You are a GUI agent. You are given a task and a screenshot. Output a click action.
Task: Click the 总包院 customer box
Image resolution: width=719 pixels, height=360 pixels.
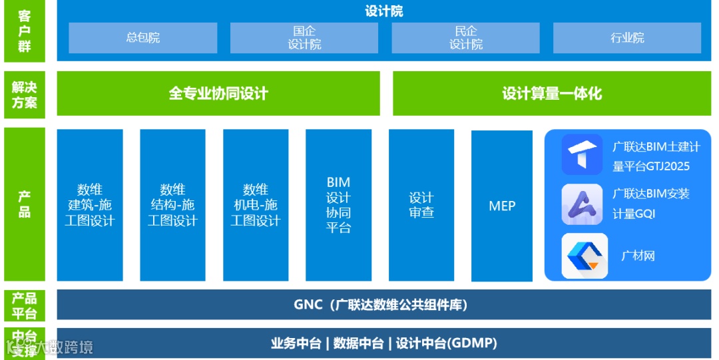pos(143,38)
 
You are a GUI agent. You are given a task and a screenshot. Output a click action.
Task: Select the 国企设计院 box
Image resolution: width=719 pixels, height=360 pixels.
pos(304,38)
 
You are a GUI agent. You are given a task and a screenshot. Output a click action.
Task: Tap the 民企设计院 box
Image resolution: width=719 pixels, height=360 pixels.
pos(465,38)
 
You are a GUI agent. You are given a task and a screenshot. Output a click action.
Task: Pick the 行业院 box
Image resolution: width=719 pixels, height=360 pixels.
pos(627,38)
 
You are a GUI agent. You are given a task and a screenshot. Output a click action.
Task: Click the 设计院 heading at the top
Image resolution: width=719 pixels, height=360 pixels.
pos(384,11)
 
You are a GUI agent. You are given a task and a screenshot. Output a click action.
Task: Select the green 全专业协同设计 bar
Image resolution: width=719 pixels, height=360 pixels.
pos(218,93)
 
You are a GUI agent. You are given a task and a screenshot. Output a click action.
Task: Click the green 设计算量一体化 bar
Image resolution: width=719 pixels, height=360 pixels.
pos(552,93)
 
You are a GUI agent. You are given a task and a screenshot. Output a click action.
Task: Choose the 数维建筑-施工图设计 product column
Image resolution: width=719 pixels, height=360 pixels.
pos(90,205)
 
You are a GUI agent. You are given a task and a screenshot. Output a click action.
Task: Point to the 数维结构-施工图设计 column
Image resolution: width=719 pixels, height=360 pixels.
pos(172,205)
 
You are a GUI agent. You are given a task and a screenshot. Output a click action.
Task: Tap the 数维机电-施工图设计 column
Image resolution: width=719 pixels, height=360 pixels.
pos(256,205)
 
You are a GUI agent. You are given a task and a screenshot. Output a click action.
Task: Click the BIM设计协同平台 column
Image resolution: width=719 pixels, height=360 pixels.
pos(338,205)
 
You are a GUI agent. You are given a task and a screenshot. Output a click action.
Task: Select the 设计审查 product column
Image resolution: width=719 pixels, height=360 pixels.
pos(421,205)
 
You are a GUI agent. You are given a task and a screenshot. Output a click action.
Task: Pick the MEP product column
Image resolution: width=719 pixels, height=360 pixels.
pos(502,206)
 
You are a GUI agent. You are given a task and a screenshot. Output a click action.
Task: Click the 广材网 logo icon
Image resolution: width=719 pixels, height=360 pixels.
pos(585,256)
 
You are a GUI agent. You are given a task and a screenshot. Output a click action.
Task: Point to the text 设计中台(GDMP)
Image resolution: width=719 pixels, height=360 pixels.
pos(447,343)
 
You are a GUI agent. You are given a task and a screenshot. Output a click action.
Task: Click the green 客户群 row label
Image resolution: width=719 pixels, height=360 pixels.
pos(25,31)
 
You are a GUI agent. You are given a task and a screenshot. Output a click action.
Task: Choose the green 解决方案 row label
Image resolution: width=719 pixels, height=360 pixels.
pos(25,94)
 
